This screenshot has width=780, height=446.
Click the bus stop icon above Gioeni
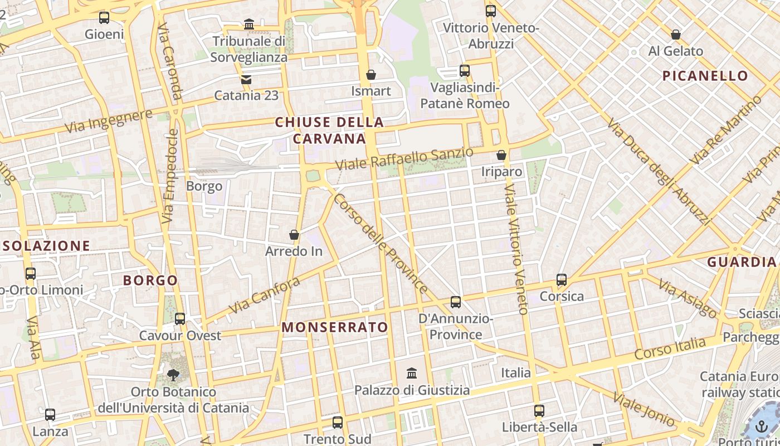point(104,17)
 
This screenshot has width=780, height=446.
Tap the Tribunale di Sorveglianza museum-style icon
point(249,25)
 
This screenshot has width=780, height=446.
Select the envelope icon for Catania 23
point(246,79)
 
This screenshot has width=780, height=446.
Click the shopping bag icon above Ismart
point(371,75)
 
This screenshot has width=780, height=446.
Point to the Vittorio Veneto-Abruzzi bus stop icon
point(490,11)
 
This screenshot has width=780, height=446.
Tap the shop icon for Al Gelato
point(676,35)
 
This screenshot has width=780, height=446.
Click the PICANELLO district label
point(705,76)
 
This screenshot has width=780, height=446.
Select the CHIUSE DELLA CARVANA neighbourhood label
point(329,130)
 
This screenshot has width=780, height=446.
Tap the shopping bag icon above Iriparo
point(501,155)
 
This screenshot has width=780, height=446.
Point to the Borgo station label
point(204,186)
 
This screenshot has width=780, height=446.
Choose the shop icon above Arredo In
point(294,235)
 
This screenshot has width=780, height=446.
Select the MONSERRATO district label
point(335,327)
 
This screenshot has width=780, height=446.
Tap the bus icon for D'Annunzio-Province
point(456,302)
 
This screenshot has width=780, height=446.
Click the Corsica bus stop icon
point(562,280)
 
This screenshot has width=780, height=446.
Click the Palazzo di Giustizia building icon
point(412,373)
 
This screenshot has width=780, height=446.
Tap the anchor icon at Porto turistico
point(761,426)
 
